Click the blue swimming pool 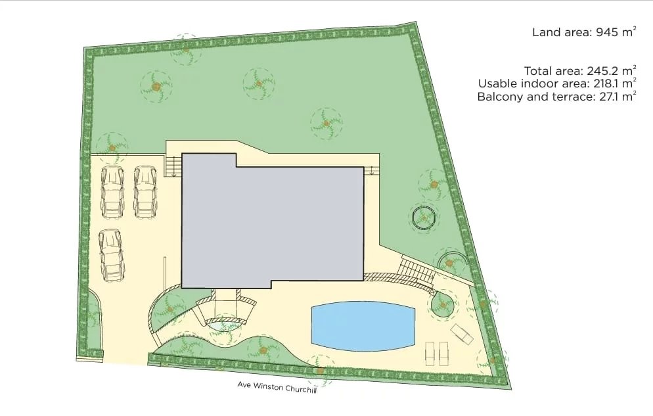(x=363, y=326)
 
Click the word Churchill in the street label (x=301, y=389)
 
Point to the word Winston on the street (x=267, y=386)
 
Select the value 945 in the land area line (x=607, y=32)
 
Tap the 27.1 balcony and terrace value (x=608, y=97)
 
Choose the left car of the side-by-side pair (x=112, y=192)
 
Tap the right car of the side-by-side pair (x=145, y=192)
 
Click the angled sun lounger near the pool (x=462, y=334)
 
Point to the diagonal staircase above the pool (x=417, y=271)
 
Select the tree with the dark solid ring (x=424, y=218)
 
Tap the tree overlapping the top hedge (x=186, y=49)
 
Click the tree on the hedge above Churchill (x=320, y=370)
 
